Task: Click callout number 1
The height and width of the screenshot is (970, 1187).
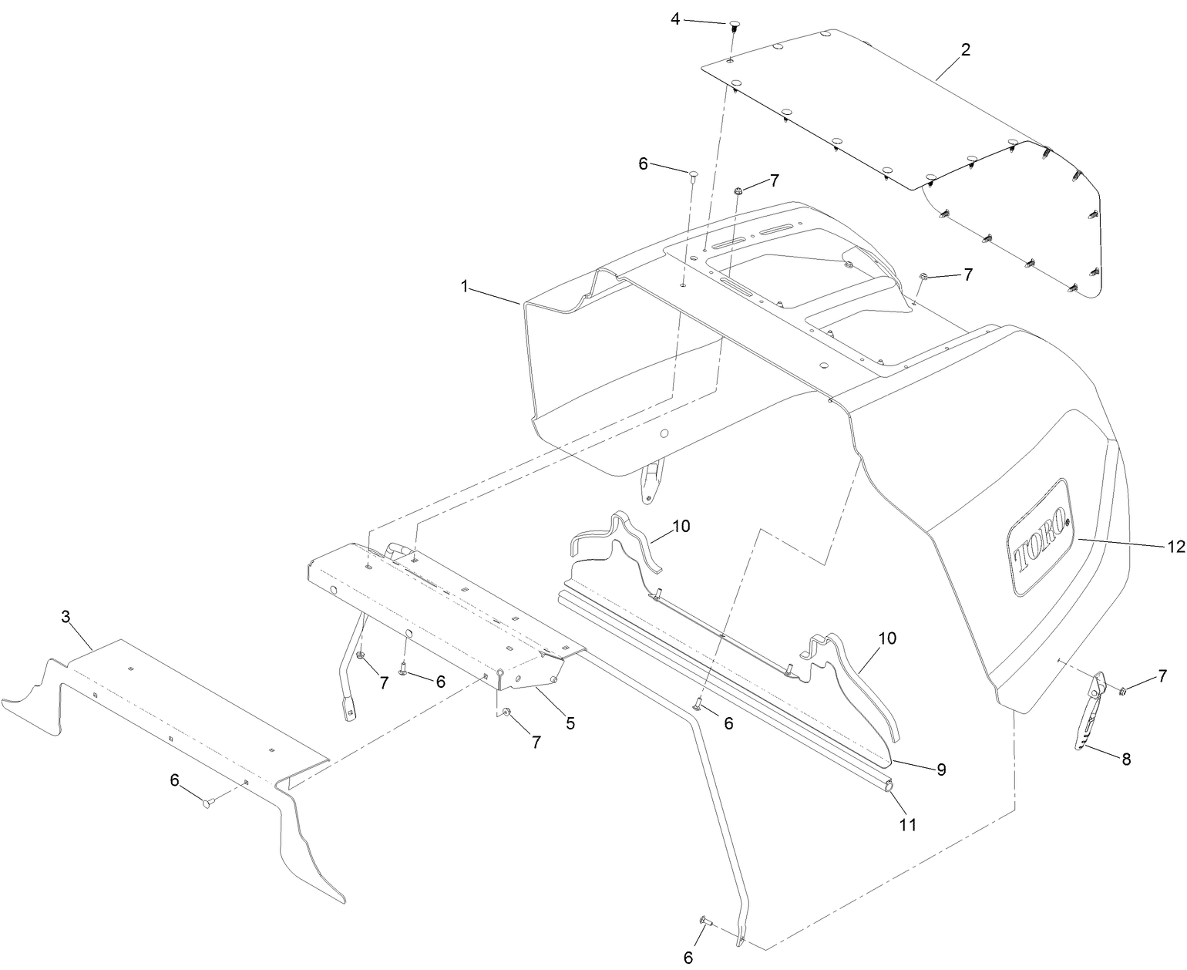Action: tap(464, 287)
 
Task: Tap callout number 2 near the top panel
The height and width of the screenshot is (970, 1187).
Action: tap(965, 49)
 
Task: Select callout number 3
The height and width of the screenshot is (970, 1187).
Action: tap(66, 617)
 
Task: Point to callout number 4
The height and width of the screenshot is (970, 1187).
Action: tap(675, 19)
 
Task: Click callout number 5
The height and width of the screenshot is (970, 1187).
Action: tap(570, 722)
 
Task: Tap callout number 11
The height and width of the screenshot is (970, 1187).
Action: tap(908, 824)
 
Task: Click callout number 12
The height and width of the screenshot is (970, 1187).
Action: tap(1175, 546)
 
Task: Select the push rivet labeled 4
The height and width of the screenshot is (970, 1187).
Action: tap(733, 25)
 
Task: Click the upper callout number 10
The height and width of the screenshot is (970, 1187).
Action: tap(681, 527)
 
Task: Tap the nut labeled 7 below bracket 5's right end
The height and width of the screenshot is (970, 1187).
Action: tap(506, 711)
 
